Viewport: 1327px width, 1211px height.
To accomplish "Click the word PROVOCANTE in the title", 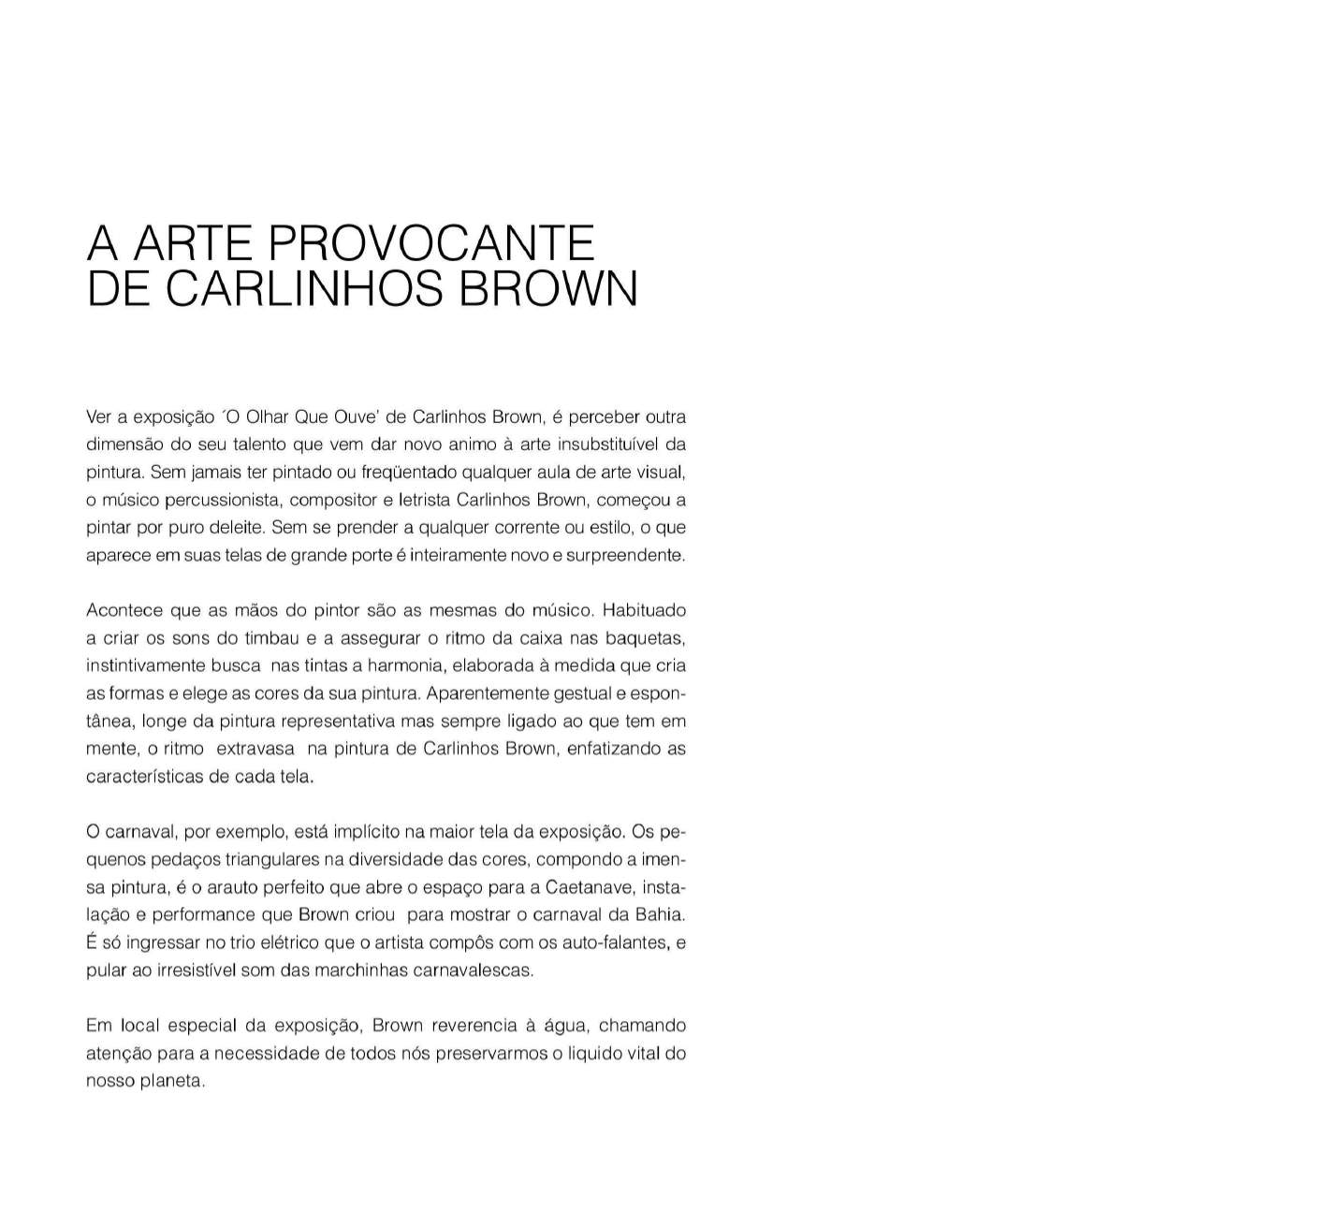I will click(x=431, y=243).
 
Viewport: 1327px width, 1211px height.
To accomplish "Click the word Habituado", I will click(x=644, y=610).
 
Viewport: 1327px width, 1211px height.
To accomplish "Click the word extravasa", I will click(x=255, y=749).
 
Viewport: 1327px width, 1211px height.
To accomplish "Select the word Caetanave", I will click(x=589, y=887).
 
